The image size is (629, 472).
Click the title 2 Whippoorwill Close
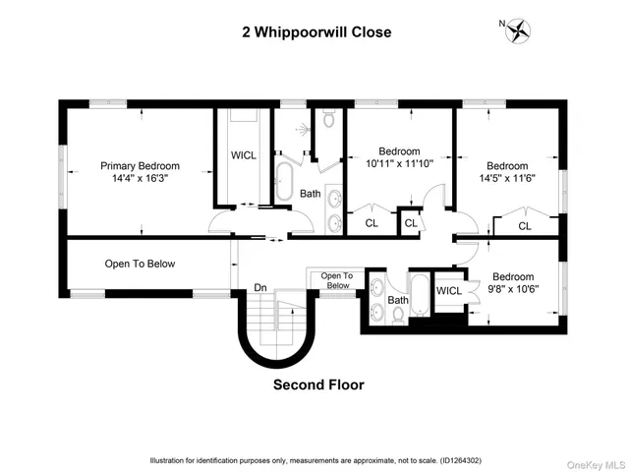(316, 32)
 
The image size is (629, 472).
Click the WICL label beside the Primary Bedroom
(243, 155)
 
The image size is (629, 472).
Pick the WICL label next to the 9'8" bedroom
(449, 290)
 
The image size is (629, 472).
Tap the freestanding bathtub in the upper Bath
(284, 181)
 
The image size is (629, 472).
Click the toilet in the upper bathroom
(328, 120)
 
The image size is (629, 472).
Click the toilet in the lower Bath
(396, 316)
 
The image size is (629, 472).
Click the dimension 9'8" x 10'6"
(513, 289)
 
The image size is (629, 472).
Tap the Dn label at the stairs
(260, 287)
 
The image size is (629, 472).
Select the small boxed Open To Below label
(336, 281)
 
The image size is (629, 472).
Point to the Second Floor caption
(317, 385)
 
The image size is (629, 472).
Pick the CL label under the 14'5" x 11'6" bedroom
(524, 225)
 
